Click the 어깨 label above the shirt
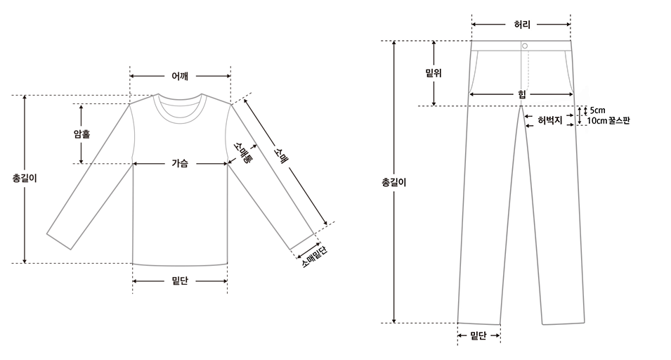(180, 76)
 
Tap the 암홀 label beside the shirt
(82, 134)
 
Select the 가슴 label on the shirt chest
(180, 163)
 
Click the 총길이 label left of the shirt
(25, 178)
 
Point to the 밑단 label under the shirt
(180, 281)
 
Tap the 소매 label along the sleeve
(281, 155)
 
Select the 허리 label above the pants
(522, 25)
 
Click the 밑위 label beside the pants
(434, 73)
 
